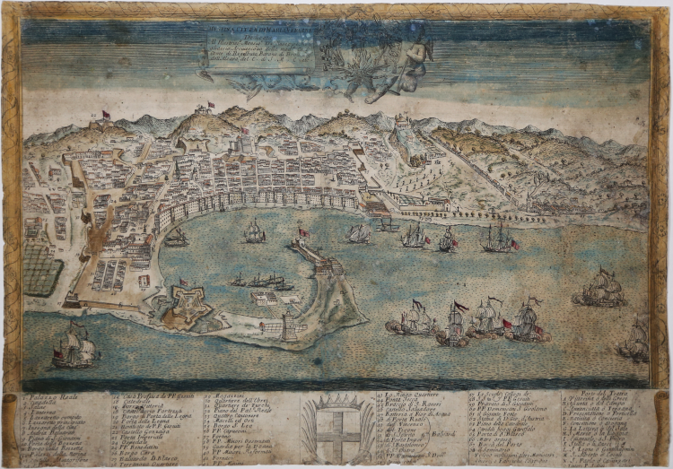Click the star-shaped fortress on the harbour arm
185,304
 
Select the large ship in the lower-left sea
76,347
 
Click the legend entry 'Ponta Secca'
412,403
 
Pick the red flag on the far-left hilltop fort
106,114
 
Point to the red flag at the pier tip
302,232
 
